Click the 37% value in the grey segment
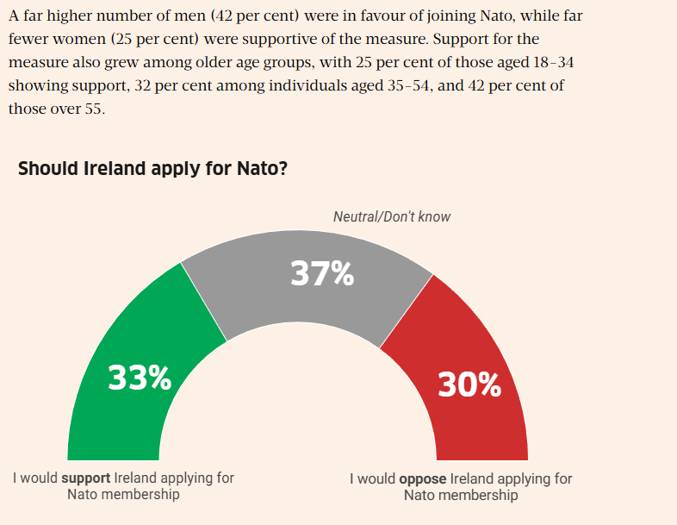(322, 273)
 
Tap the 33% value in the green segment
(140, 378)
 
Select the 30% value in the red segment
(469, 384)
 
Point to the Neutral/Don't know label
(391, 216)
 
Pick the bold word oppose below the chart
(422, 478)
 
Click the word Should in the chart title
(47, 168)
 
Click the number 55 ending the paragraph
(92, 109)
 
